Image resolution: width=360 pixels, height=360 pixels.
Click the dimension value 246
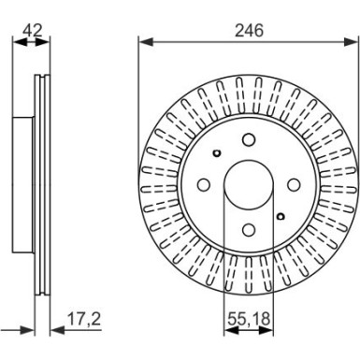click(249, 30)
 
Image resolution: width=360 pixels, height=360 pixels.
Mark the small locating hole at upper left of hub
click(216, 153)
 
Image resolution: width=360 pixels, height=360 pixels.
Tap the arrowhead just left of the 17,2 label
click(51, 330)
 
